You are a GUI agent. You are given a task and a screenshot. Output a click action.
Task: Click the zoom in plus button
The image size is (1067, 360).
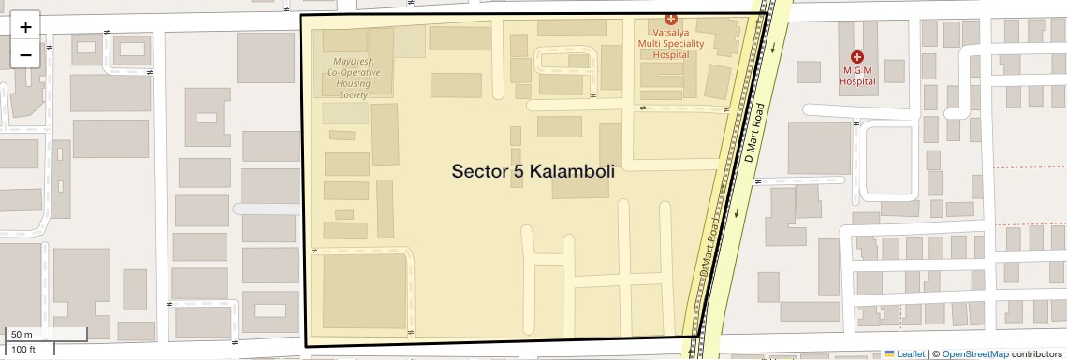[x=25, y=27]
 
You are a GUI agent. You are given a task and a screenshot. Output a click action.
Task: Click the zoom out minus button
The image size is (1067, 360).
[x=25, y=54]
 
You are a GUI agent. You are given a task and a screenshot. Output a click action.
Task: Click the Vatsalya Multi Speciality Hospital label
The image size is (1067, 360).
[x=670, y=42]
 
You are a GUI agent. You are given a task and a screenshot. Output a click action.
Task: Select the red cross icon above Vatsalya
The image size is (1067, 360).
[x=670, y=19]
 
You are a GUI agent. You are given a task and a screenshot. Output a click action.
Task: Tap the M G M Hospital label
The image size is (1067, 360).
[x=856, y=76]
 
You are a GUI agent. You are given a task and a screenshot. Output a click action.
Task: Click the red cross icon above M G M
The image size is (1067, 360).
[x=856, y=57]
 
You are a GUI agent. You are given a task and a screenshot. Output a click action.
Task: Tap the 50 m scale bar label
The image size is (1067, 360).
[x=22, y=335]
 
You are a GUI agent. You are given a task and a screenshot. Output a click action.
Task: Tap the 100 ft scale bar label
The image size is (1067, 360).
[x=23, y=350]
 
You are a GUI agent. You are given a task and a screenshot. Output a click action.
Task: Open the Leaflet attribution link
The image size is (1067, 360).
[x=911, y=353]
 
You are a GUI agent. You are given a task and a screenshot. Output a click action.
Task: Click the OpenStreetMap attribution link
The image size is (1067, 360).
[x=974, y=353]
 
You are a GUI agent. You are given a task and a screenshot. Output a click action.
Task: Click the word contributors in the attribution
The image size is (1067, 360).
[x=1036, y=353]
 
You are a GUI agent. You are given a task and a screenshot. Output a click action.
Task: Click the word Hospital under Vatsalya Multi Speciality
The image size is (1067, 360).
[x=670, y=54]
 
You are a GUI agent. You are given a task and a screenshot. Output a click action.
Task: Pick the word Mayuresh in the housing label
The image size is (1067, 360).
[x=354, y=63]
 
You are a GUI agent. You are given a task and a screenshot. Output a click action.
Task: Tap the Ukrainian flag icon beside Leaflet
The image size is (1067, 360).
[x=889, y=353]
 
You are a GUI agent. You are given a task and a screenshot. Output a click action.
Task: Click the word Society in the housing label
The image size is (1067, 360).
[x=354, y=94]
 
